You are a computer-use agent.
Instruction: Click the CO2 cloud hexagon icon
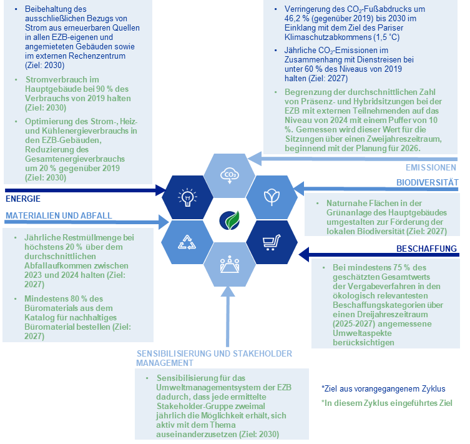click(x=229, y=173)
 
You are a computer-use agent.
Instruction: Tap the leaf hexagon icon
click(x=271, y=197)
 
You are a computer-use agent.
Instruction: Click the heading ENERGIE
click(x=23, y=199)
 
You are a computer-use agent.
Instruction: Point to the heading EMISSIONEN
click(x=431, y=167)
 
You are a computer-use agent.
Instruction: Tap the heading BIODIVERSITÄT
click(x=428, y=182)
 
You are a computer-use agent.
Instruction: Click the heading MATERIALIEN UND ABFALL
click(x=59, y=215)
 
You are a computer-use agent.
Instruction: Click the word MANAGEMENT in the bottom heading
click(x=165, y=362)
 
